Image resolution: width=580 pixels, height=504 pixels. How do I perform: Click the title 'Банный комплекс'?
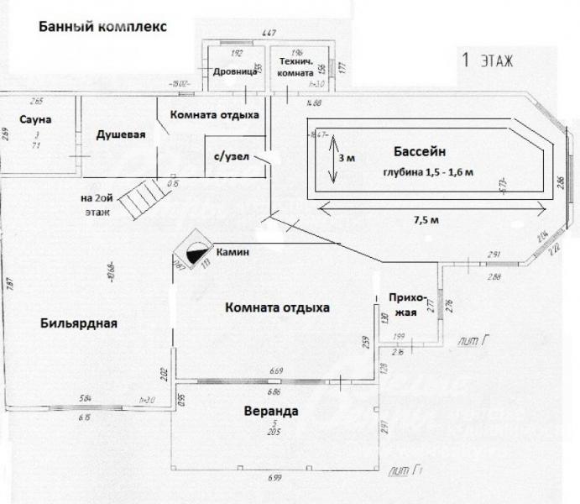tap(102, 26)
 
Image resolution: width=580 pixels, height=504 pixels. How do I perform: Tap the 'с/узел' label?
tap(231, 157)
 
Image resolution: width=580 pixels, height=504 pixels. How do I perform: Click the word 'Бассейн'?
tap(417, 152)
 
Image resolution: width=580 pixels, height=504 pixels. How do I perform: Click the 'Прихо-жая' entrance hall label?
tap(409, 304)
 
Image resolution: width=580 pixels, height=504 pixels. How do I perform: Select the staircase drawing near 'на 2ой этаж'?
tap(138, 199)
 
